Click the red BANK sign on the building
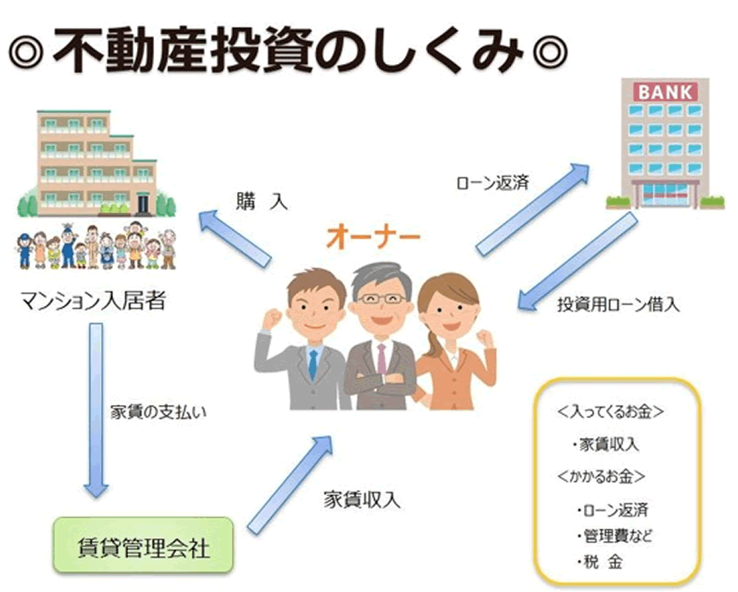pos(665,92)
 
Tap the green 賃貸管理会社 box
pos(143,545)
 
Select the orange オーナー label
pos(373,237)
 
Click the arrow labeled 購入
pos(235,239)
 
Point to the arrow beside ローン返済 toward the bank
pos(533,209)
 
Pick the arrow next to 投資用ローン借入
pos(577,262)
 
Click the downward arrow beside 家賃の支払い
pos(96,410)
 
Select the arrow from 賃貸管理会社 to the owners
pos(290,485)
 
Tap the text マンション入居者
pos(93,301)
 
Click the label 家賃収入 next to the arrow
pos(362,500)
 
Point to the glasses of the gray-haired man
pos(381,298)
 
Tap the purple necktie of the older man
pos(381,359)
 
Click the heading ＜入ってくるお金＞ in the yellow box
pos(610,412)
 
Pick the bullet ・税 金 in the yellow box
pos(600,562)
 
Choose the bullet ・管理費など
pos(614,535)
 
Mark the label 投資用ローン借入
pos(618,305)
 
